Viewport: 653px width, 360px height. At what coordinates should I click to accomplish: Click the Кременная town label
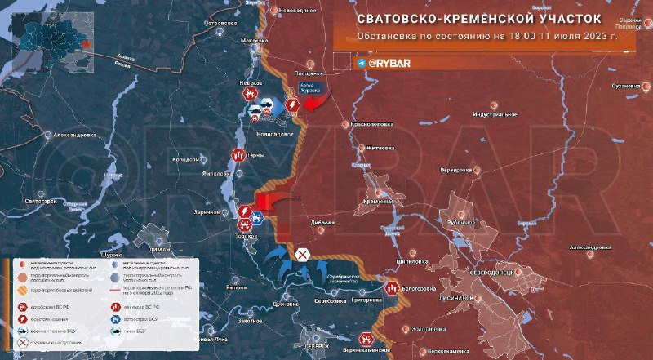click(380, 202)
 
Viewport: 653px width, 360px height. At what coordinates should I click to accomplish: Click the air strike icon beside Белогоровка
click(393, 287)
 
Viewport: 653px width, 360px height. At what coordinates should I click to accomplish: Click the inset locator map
click(48, 33)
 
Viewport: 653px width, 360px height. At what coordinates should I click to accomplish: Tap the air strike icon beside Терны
click(238, 153)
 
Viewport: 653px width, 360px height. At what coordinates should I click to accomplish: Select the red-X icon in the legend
click(19, 345)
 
